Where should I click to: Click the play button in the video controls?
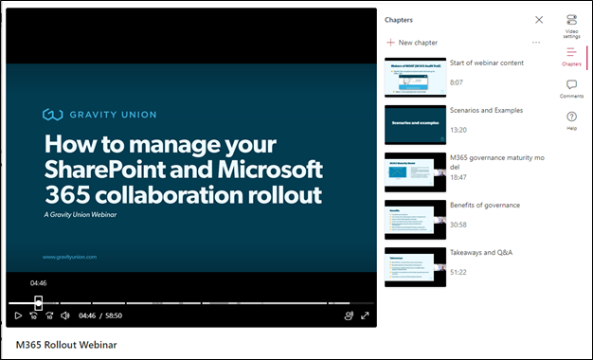(18, 315)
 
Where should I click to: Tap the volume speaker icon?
(65, 315)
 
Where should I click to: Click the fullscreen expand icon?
(365, 315)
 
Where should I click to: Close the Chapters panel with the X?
(539, 19)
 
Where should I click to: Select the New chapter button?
(412, 43)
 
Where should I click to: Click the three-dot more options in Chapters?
(536, 43)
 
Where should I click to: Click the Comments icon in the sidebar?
(571, 85)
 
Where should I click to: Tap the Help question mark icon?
(571, 117)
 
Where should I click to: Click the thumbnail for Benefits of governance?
(415, 219)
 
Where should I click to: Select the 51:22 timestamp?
(459, 272)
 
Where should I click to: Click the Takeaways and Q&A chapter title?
(490, 252)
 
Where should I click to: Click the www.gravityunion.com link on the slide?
(70, 257)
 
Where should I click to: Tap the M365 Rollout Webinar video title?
(67, 345)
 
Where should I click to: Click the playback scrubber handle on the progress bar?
(39, 302)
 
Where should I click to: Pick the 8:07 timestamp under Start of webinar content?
(457, 82)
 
